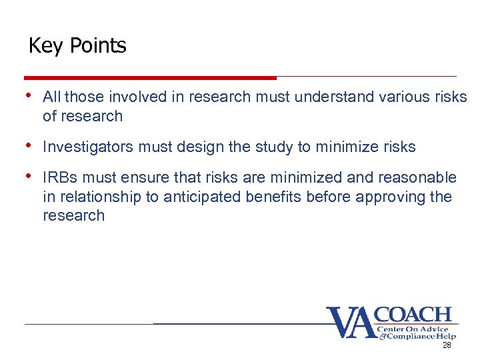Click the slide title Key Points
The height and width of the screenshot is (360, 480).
click(x=77, y=46)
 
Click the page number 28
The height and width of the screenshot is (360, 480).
click(x=447, y=345)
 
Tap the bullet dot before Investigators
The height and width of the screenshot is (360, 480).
click(x=29, y=146)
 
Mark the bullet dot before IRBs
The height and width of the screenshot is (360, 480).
click(x=29, y=176)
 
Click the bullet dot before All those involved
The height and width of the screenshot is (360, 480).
click(x=29, y=96)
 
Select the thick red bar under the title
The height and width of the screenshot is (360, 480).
click(x=150, y=77)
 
